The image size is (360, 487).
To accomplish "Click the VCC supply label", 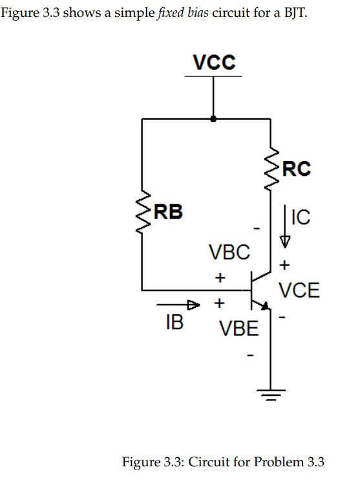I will [214, 63].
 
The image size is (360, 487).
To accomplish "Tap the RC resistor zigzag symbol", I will [270, 169].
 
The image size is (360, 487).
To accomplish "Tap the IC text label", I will [301, 217].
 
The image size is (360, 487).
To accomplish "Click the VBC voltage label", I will [229, 252].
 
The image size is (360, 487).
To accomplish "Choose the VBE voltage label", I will [238, 330].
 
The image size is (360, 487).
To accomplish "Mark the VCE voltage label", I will [299, 290].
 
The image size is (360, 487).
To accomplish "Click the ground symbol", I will [270, 393].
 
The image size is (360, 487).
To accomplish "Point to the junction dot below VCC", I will [213, 119].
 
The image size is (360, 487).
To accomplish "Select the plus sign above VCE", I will [284, 265].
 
